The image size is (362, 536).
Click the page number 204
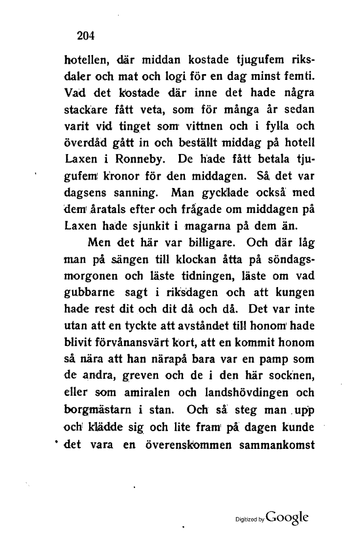click(x=87, y=36)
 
